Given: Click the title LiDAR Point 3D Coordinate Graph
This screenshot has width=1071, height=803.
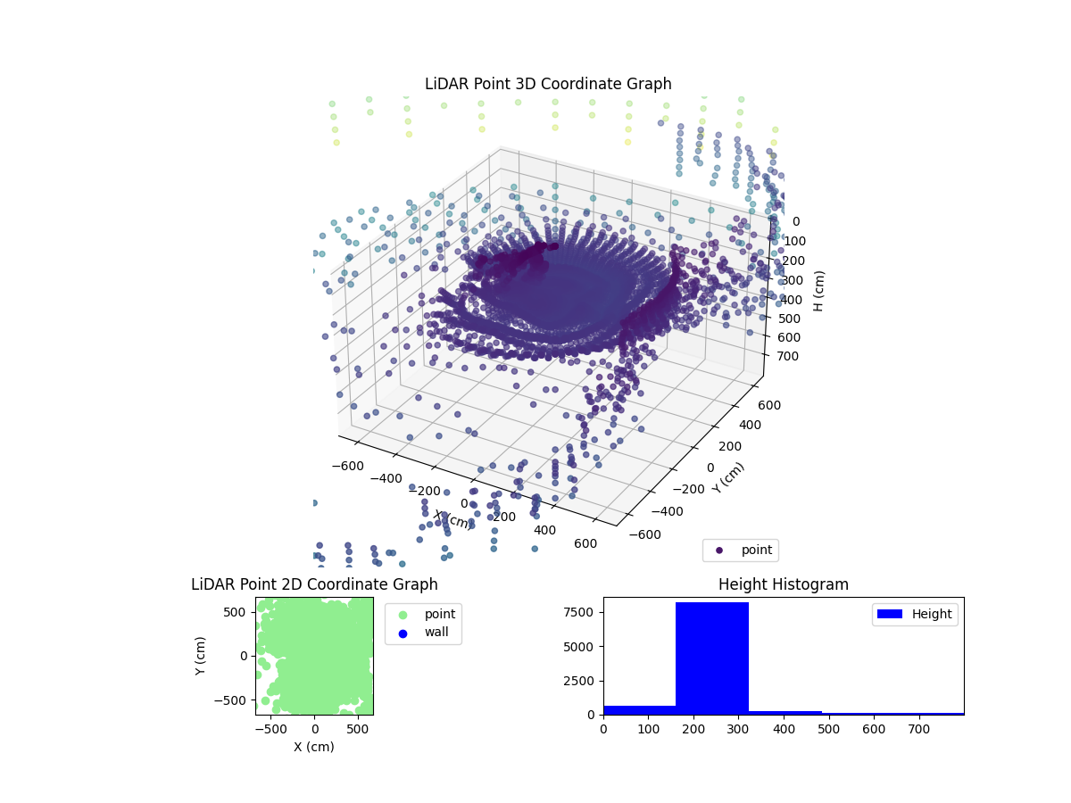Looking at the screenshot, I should click(x=548, y=84).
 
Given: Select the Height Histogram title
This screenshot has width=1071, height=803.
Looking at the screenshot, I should click(x=783, y=584).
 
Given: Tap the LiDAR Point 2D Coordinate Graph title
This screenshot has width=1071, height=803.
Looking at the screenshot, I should click(x=314, y=584).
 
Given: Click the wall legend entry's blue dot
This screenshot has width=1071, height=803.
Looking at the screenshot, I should click(x=402, y=633).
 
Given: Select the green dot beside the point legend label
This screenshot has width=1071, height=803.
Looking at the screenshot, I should click(x=402, y=614).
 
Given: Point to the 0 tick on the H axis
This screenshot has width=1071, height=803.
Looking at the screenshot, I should click(x=797, y=221).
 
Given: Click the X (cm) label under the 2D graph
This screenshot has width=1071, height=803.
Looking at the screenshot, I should click(x=314, y=747).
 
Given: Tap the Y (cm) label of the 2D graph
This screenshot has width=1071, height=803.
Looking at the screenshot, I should click(x=203, y=655).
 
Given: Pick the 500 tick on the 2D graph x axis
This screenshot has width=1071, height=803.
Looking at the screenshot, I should click(x=359, y=729).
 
